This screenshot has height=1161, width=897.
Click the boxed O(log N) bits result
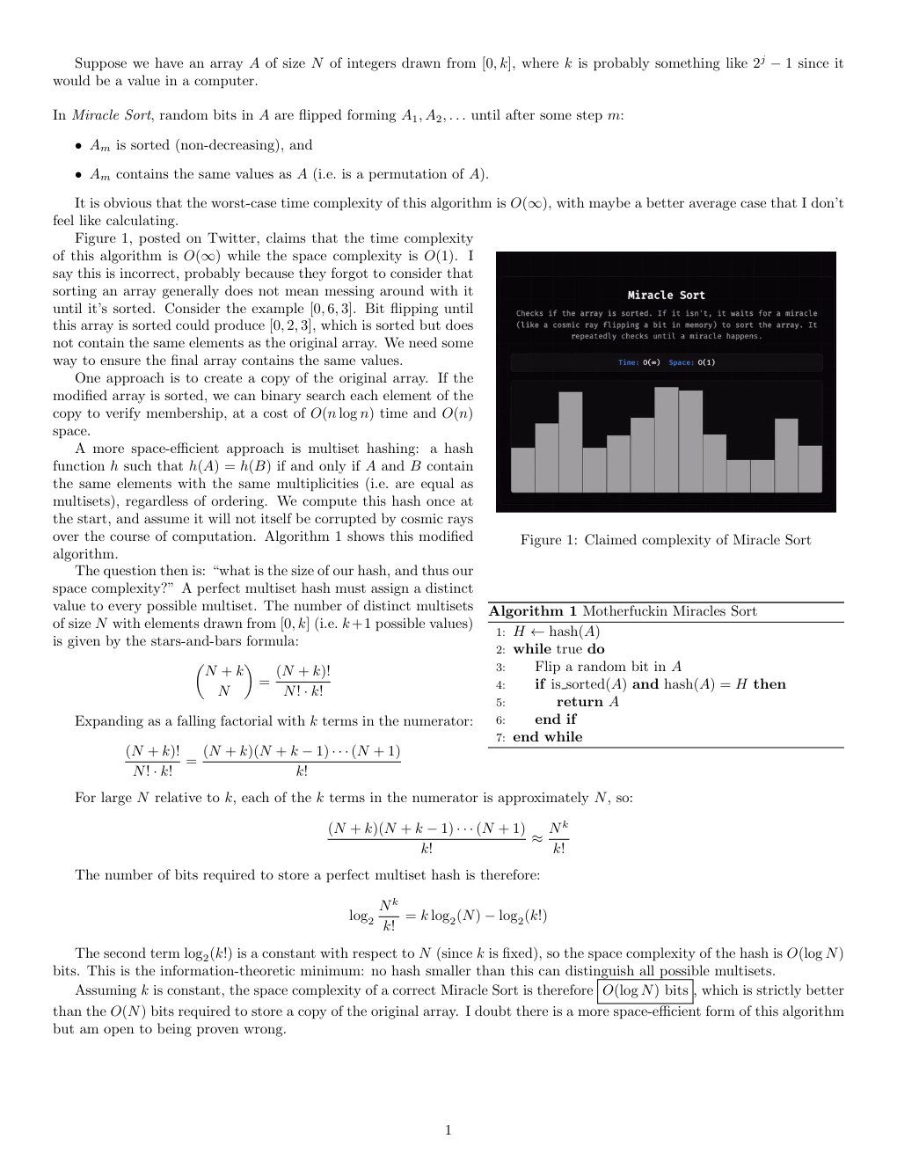pyautogui.click(x=645, y=990)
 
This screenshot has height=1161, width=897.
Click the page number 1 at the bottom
pyautogui.click(x=448, y=1130)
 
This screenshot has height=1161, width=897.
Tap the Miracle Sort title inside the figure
pyautogui.click(x=666, y=296)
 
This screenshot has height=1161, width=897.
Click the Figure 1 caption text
pyautogui.click(x=665, y=540)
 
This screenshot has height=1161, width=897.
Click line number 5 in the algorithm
pyautogui.click(x=500, y=703)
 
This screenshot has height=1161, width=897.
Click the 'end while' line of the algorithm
pyautogui.click(x=547, y=737)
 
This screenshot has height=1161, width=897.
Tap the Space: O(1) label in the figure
pyautogui.click(x=692, y=362)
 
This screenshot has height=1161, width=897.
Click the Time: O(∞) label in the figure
pyautogui.click(x=639, y=362)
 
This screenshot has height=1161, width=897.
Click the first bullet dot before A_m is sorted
pyautogui.click(x=78, y=146)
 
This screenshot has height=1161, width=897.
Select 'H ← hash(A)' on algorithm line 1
pyautogui.click(x=557, y=632)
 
